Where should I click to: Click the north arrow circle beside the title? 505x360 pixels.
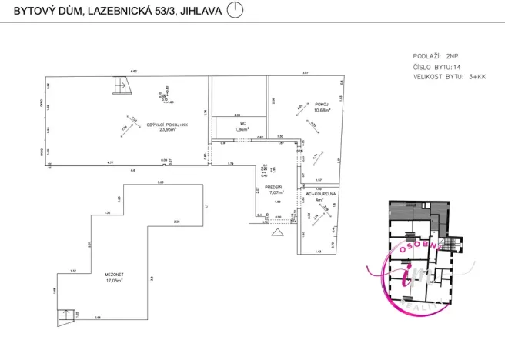236,11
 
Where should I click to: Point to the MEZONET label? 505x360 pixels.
95,274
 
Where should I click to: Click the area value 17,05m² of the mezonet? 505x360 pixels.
95,280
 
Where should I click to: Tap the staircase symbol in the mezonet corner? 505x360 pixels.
66,315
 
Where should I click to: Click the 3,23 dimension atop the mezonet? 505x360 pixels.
160,182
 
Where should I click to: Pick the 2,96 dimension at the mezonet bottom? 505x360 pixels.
98,318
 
